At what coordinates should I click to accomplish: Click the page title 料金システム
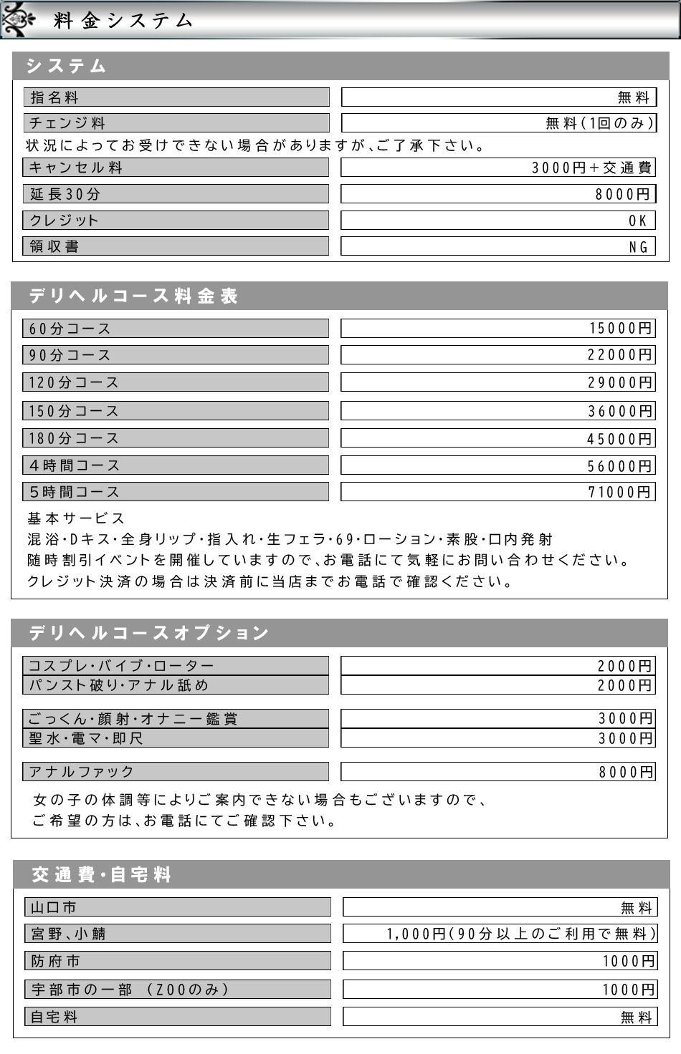[123, 20]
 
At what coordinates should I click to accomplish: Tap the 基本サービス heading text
[76, 518]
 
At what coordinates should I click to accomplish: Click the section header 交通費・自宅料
[101, 874]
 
